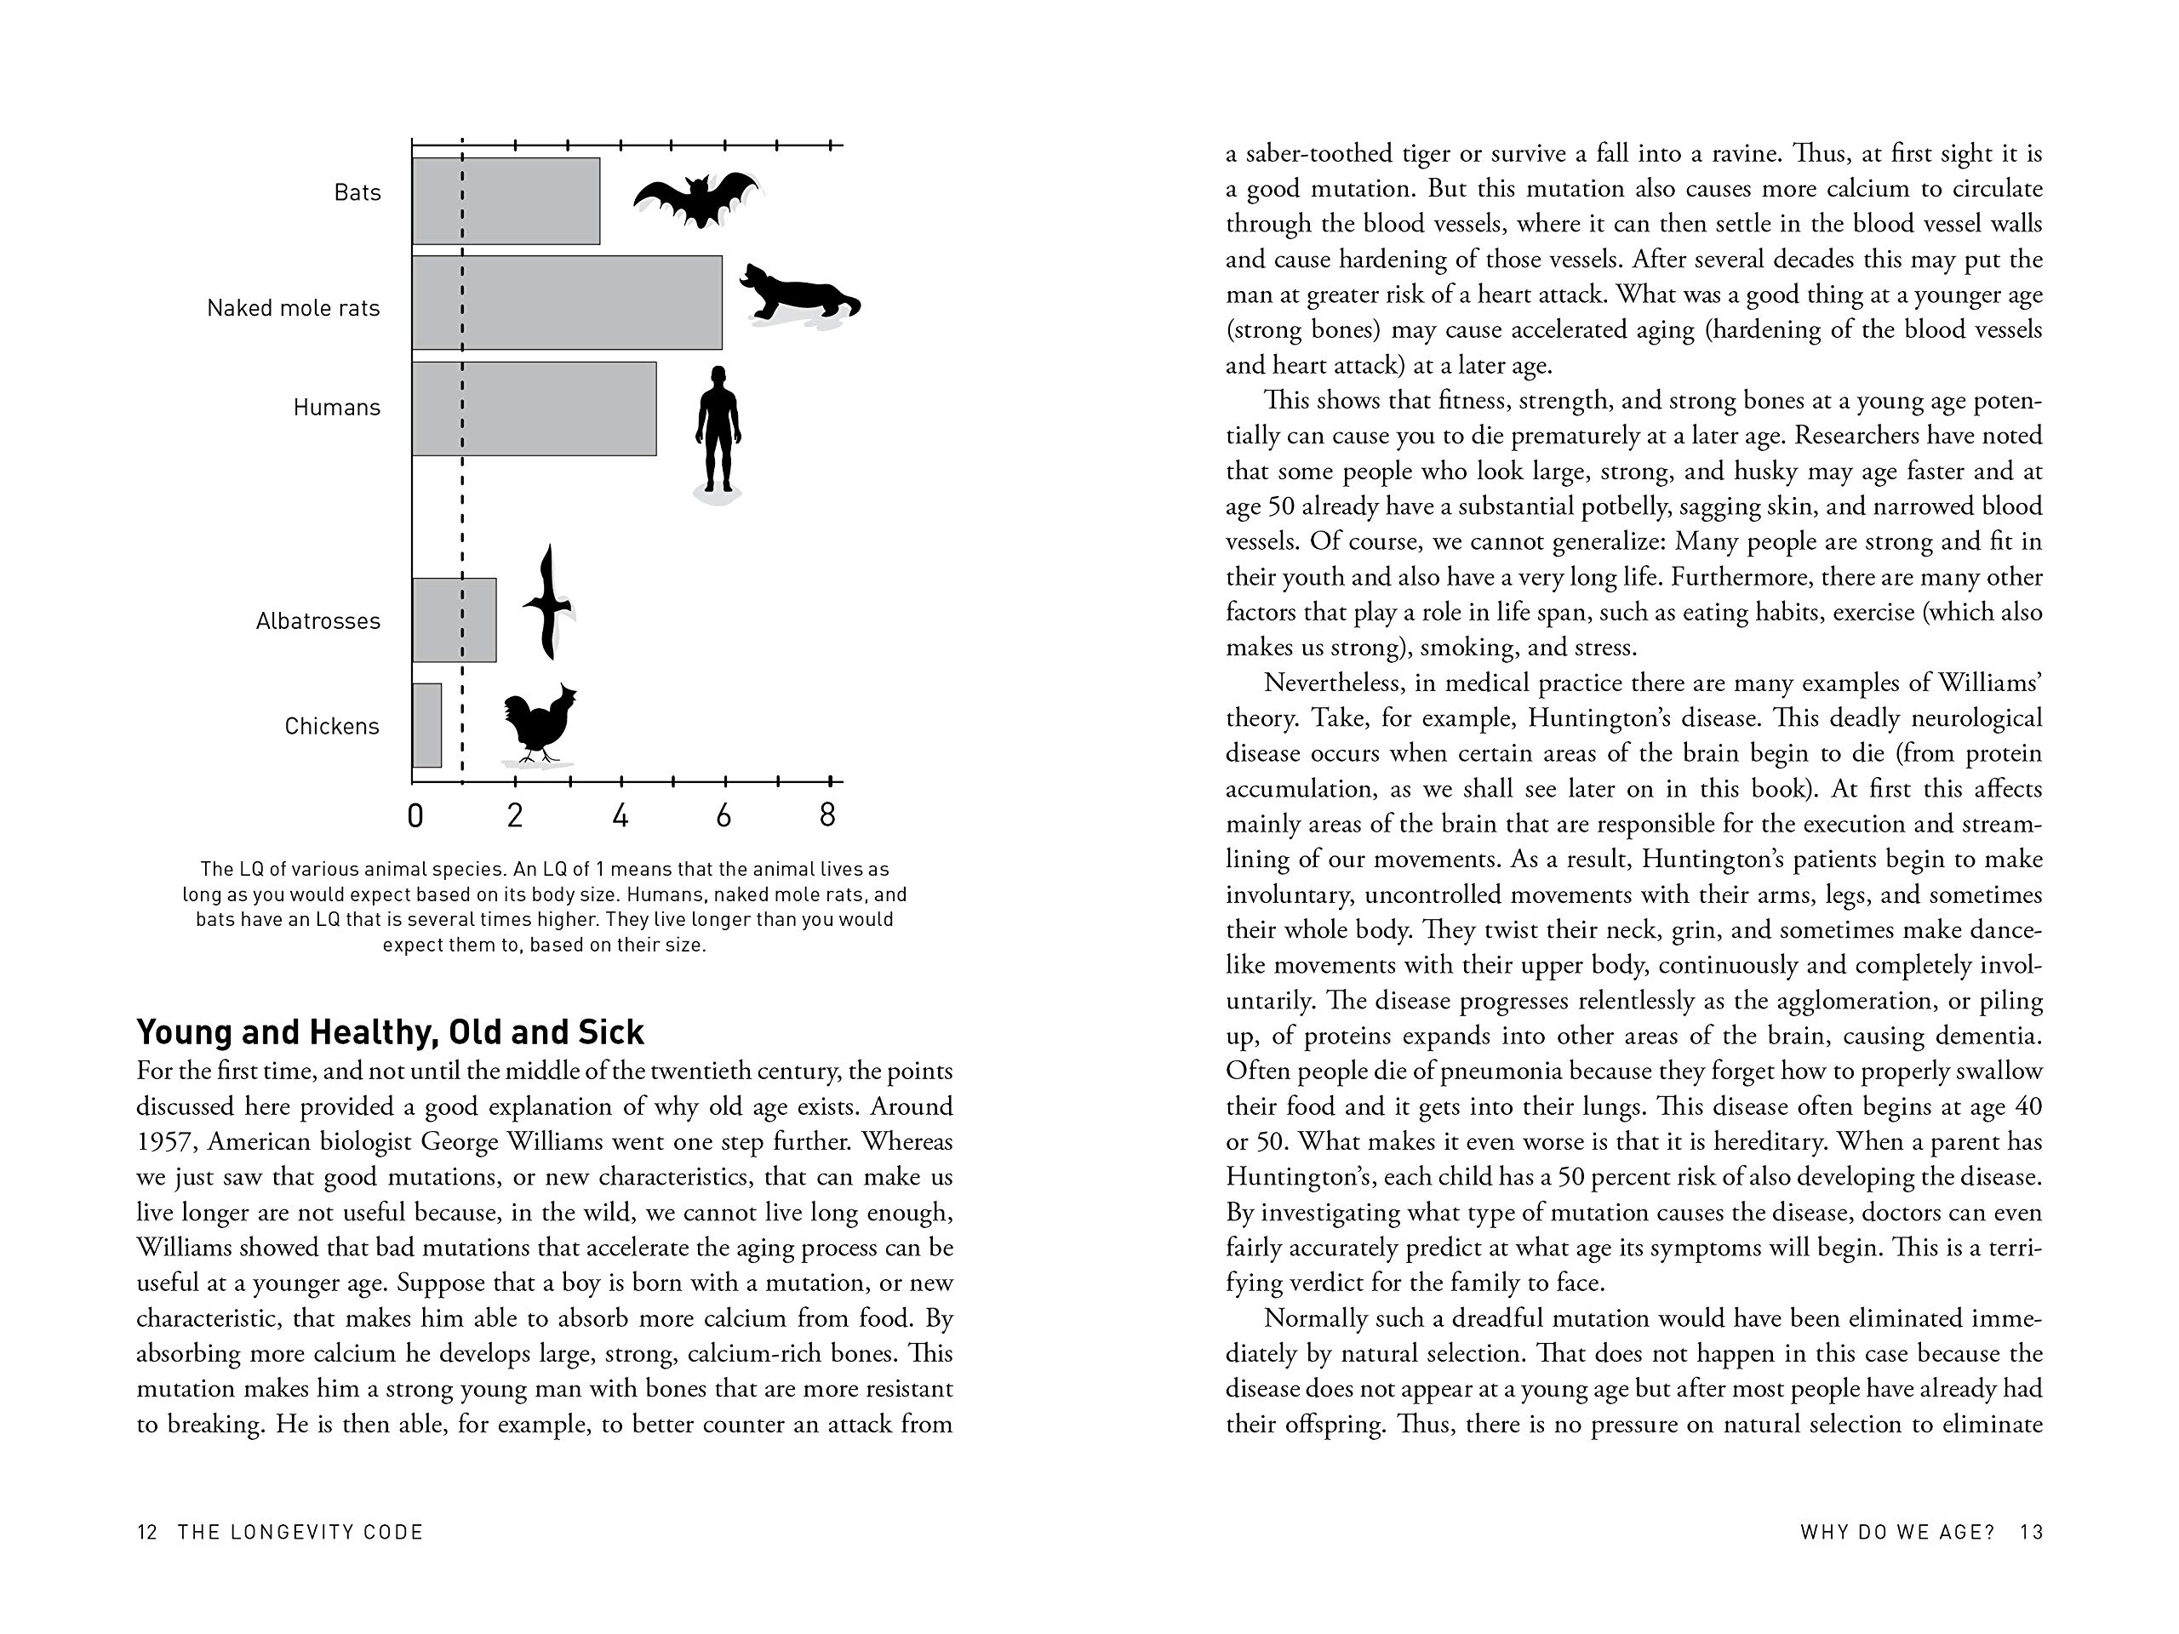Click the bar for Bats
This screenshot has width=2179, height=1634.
point(506,201)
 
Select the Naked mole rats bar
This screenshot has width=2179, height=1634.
point(566,302)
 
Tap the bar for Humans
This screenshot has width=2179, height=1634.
point(534,408)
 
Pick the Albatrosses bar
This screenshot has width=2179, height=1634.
point(455,620)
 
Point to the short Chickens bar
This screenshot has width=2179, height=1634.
point(426,725)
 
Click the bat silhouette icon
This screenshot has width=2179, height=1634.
point(697,199)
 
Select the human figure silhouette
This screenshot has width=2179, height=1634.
point(718,430)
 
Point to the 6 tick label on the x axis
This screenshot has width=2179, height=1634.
point(724,815)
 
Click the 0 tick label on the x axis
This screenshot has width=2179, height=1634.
point(415,815)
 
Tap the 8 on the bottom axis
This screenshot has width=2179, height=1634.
point(827,814)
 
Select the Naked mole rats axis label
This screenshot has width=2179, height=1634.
point(293,308)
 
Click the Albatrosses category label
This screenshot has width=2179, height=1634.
point(317,620)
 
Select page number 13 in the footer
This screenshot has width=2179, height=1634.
point(2031,1532)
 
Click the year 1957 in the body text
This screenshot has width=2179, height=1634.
point(165,1141)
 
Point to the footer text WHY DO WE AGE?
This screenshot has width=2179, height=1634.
point(1897,1532)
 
